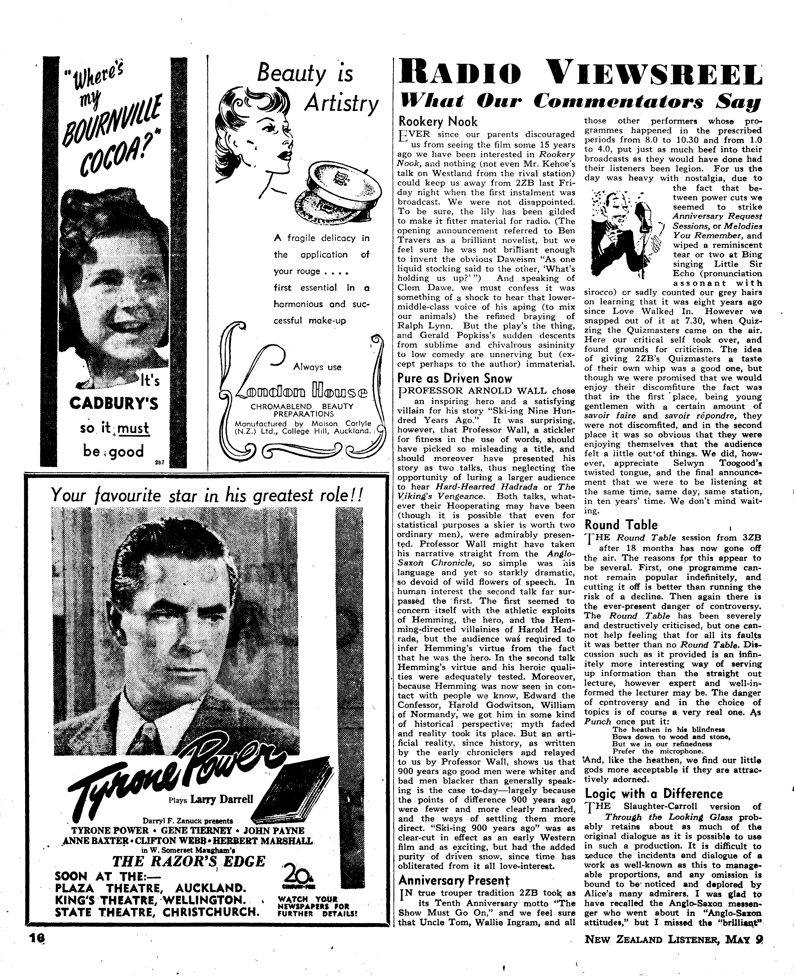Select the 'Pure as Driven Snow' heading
[x=455, y=378]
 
